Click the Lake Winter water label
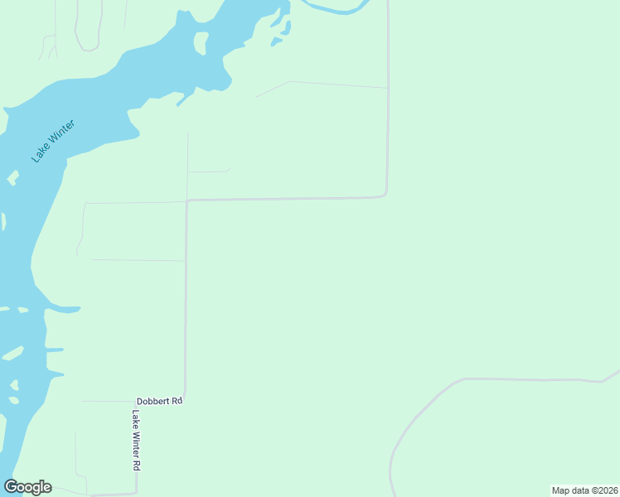tap(54, 141)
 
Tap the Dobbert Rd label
tap(159, 401)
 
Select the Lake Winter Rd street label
tap(136, 441)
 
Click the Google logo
tap(28, 487)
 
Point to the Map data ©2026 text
tap(585, 490)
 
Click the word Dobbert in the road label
tap(154, 401)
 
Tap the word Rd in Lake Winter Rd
tap(136, 466)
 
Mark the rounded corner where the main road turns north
tap(385, 195)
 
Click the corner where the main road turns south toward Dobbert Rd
tap(188, 201)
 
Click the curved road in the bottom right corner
tap(414, 414)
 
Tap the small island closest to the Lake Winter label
tap(12, 177)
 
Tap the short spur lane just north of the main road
tap(207, 171)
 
